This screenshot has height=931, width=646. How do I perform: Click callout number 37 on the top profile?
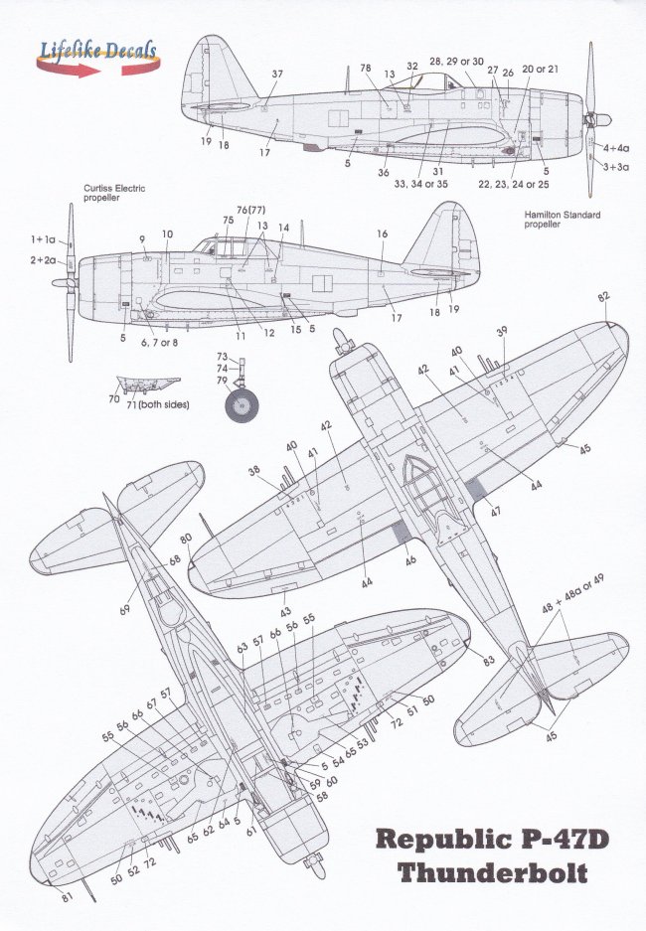277,75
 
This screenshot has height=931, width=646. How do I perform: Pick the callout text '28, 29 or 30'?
457,61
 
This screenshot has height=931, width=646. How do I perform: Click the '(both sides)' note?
164,404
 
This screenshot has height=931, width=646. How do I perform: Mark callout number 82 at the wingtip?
603,297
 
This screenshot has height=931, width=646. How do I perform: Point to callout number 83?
489,661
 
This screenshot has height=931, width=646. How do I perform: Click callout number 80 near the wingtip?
186,539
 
